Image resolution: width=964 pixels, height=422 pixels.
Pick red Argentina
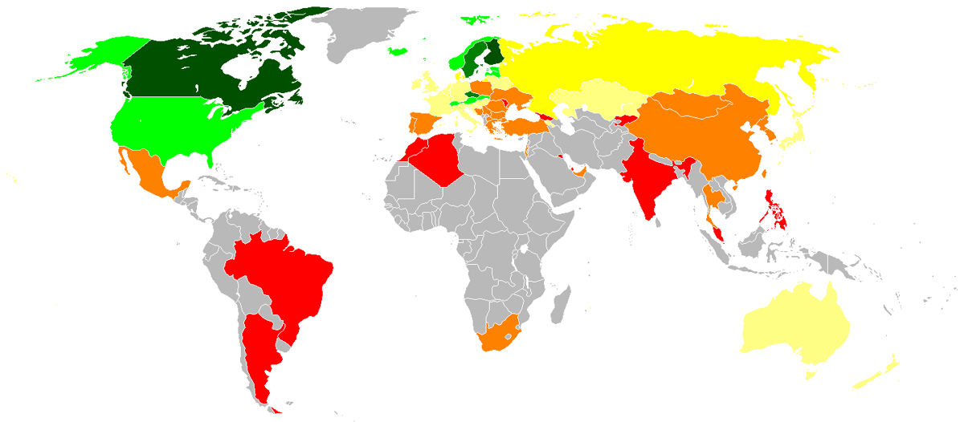click(x=257, y=353)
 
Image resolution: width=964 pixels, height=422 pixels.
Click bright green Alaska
click(x=96, y=56)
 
